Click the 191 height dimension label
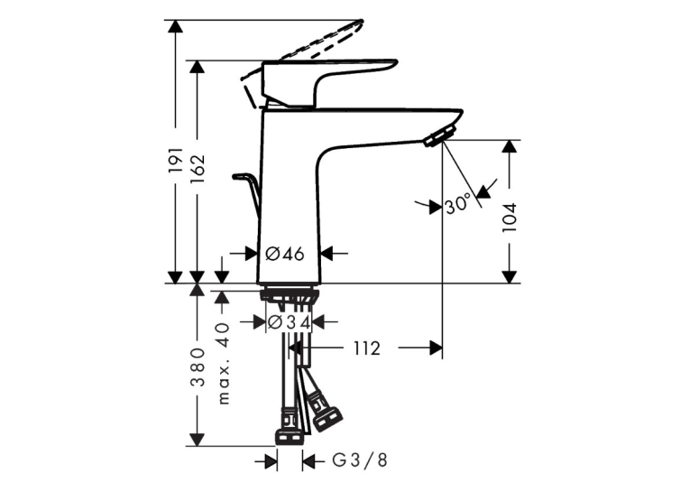(x=176, y=160)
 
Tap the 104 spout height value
(x=510, y=218)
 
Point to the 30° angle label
(x=458, y=204)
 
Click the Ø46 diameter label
(x=285, y=254)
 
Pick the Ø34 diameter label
(x=289, y=322)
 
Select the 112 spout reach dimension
(x=366, y=348)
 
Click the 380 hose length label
(x=198, y=367)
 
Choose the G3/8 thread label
(x=360, y=460)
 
